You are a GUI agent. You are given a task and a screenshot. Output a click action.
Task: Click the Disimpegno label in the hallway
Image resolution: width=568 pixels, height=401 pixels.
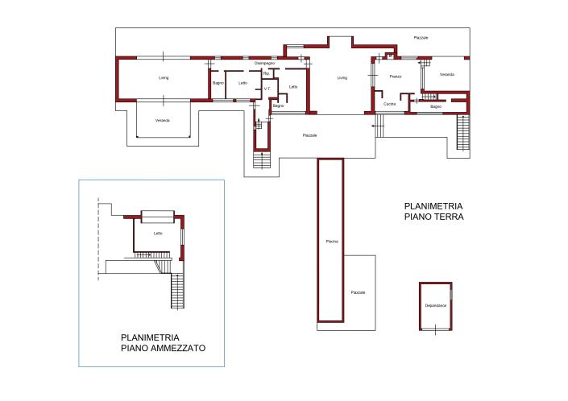[265, 63]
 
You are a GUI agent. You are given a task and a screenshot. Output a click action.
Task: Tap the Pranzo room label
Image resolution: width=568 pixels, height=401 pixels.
[395, 76]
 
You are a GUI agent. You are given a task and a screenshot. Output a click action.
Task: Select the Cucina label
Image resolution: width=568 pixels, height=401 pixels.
[389, 105]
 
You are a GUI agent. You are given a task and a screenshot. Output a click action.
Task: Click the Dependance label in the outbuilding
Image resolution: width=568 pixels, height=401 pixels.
[436, 306]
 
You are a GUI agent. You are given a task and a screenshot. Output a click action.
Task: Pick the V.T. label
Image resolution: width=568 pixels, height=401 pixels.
[267, 89]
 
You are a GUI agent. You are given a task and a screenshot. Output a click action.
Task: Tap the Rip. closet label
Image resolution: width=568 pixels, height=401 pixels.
[265, 74]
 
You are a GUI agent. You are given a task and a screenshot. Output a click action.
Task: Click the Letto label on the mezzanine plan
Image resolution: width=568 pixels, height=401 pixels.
[158, 234]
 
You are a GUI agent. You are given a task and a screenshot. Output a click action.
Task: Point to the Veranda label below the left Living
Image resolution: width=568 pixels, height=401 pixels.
[163, 121]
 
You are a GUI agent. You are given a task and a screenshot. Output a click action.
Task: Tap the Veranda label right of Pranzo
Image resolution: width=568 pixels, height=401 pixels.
[447, 75]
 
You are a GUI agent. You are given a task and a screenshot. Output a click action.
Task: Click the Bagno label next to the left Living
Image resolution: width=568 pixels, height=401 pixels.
[218, 83]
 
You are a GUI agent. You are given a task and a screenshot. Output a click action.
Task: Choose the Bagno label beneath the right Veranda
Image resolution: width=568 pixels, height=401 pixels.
[435, 106]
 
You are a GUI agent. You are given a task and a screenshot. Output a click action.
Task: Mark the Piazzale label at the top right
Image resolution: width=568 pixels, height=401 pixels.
[421, 38]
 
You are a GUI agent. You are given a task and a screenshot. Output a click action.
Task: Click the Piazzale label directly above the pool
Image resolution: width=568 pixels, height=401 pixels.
[309, 135]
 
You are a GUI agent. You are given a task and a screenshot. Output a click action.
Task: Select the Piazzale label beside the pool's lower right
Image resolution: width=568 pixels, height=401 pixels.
[358, 292]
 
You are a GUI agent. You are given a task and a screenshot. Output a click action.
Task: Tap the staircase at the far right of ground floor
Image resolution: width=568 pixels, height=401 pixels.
[462, 133]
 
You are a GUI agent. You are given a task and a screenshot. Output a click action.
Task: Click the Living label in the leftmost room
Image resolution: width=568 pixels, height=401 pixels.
[164, 78]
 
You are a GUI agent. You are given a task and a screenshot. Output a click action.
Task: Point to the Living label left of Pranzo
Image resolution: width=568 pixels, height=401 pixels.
[342, 78]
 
